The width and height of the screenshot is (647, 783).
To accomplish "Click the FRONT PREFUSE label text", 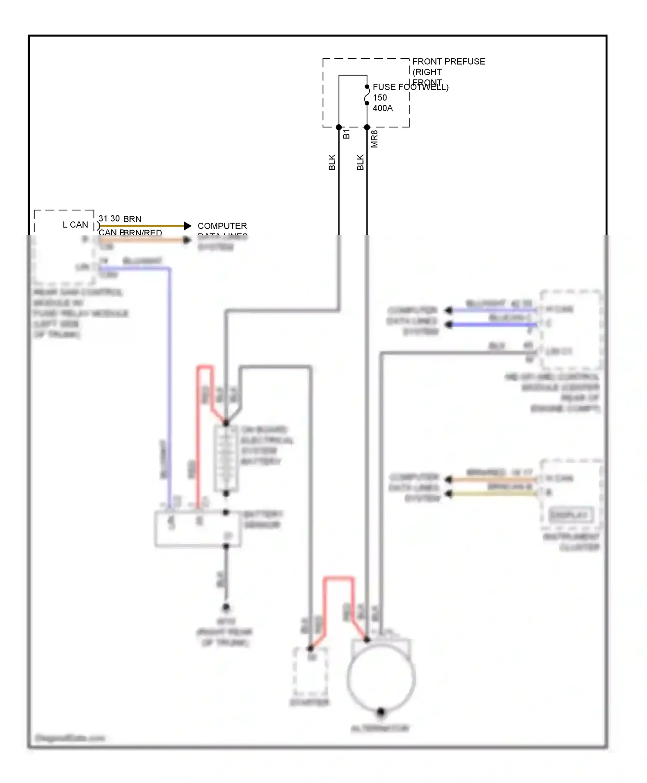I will pyautogui.click(x=449, y=62).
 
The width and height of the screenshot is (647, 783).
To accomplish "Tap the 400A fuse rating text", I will pyautogui.click(x=383, y=108).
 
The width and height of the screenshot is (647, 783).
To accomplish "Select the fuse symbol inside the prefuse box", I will pyautogui.click(x=367, y=95).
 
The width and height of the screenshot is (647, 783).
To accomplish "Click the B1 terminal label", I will pyautogui.click(x=346, y=134).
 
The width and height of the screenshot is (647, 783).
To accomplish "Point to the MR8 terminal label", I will pyautogui.click(x=374, y=139).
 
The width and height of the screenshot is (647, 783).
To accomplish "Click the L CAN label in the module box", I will pyautogui.click(x=75, y=225).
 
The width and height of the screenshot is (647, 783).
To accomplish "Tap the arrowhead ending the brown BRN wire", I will pyautogui.click(x=187, y=226).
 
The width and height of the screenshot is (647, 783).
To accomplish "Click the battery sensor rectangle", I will pyautogui.click(x=198, y=530).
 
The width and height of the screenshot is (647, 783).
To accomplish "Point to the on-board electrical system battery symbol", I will pyautogui.click(x=226, y=459).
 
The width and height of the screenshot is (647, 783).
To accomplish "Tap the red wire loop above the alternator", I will pyautogui.click(x=339, y=579).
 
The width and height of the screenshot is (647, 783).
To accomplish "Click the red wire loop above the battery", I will pyautogui.click(x=205, y=368).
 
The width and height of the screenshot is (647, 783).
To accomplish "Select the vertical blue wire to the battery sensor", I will pyautogui.click(x=170, y=388).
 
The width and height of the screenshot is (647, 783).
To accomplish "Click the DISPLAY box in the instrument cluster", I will pyautogui.click(x=569, y=515).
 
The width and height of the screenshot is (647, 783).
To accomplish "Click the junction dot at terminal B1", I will pyautogui.click(x=339, y=127).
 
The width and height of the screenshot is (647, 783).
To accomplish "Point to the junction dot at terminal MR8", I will pyautogui.click(x=367, y=127).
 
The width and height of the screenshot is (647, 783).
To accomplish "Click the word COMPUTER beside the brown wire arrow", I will pyautogui.click(x=222, y=226).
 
